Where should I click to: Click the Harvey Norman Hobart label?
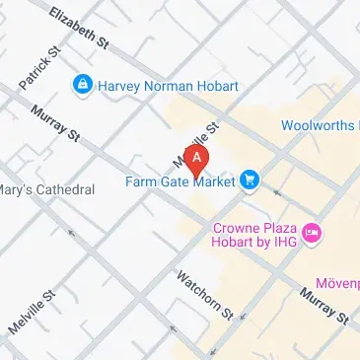168,86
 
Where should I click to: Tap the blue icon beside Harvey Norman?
83,86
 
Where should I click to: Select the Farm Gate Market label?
180,181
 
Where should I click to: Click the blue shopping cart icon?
251,180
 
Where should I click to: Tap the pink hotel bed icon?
312,234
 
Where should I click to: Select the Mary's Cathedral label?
47,189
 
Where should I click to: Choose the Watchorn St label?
204,295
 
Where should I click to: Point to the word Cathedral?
64,189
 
